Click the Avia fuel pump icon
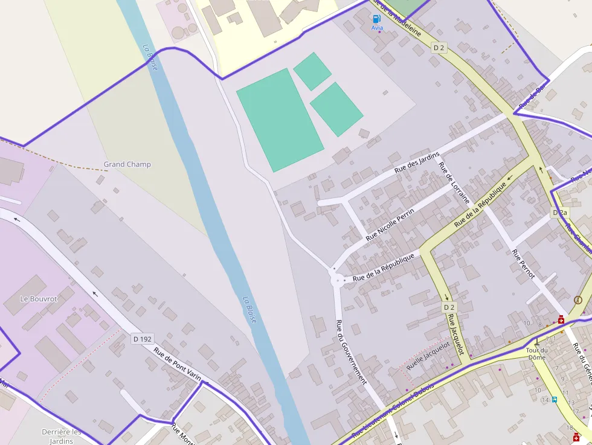pyautogui.click(x=377, y=19)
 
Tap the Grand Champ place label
pyautogui.click(x=127, y=164)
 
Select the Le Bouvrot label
pyautogui.click(x=39, y=299)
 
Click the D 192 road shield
pyautogui.click(x=142, y=339)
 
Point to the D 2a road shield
pyautogui.click(x=560, y=213)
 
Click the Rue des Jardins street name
pyautogui.click(x=417, y=162)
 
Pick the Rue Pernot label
pyautogui.click(x=523, y=264)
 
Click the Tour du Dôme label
pyautogui.click(x=536, y=354)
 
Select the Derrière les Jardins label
pyautogui.click(x=62, y=436)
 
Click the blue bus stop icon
pyautogui.click(x=554, y=399)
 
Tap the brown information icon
pyautogui.click(x=578, y=299)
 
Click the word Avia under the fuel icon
pyautogui.click(x=377, y=28)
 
